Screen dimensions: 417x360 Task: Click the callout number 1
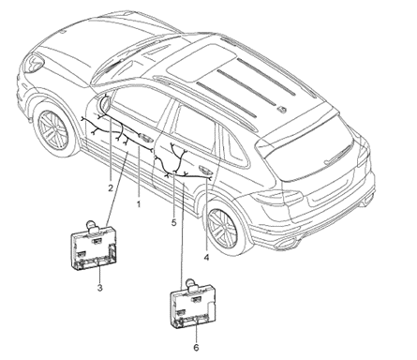[x=139, y=204]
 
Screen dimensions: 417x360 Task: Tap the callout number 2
[x=111, y=187]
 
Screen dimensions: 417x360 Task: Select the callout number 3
[x=99, y=288]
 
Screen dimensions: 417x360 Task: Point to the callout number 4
[x=206, y=257]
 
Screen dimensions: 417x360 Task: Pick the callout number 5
[x=173, y=223]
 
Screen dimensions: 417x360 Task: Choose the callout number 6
[x=196, y=347]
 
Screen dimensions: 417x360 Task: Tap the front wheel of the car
[x=53, y=127]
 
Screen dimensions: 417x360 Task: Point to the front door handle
[x=144, y=136]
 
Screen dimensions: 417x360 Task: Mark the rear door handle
[x=206, y=171]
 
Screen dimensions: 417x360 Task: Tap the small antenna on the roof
[x=281, y=109]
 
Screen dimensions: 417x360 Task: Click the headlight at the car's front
[x=34, y=64]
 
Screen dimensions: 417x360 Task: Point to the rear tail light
[x=279, y=196]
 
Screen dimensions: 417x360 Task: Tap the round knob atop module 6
[x=190, y=283]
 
